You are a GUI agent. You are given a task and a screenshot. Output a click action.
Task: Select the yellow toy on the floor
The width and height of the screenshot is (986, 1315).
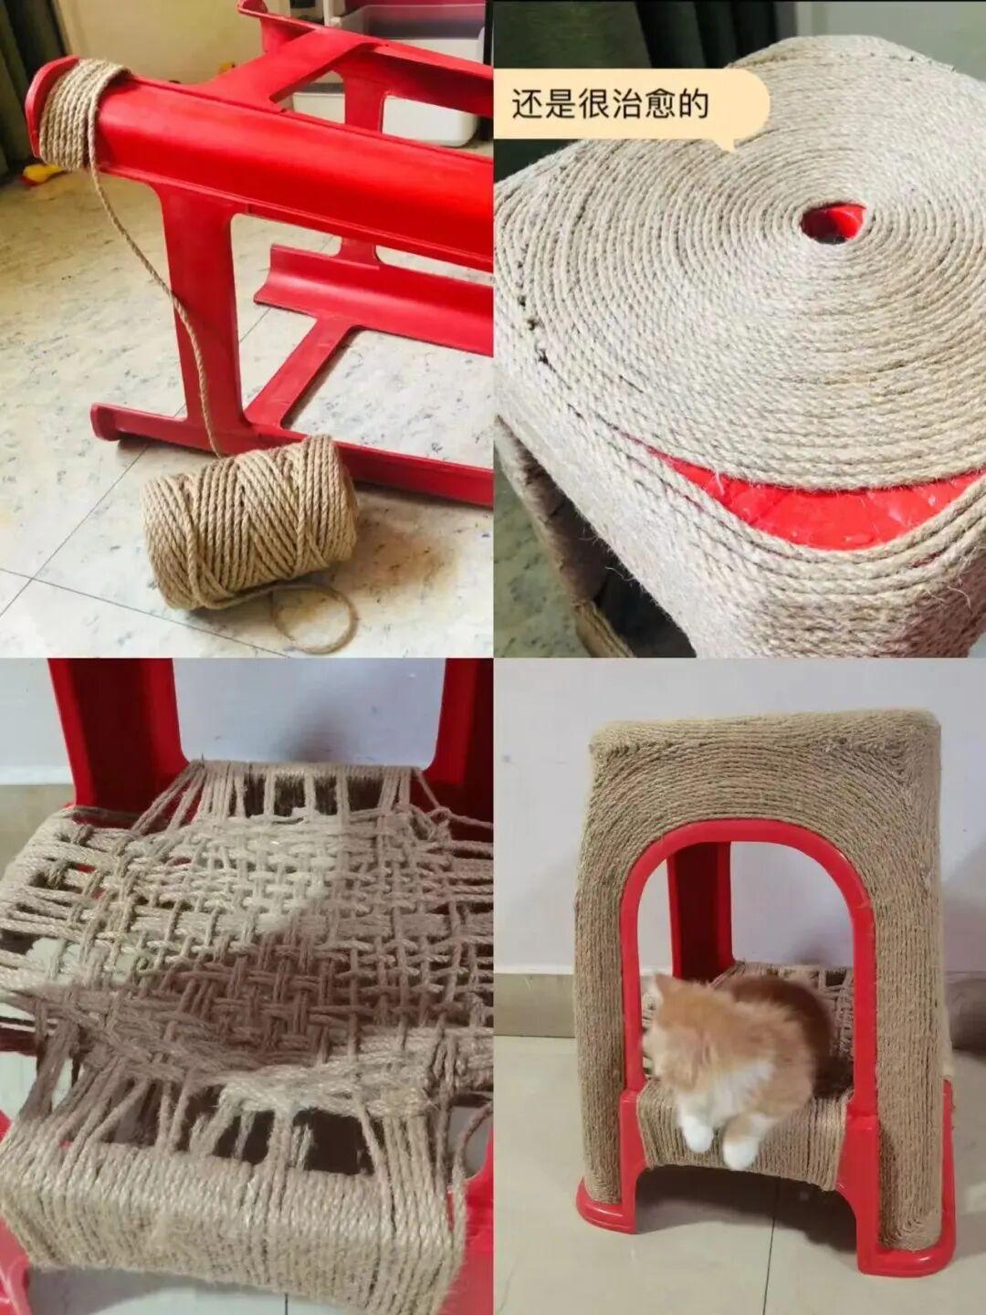(x=42, y=173)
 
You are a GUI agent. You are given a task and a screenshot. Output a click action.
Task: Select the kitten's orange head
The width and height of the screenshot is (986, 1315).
(x=683, y=1018)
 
